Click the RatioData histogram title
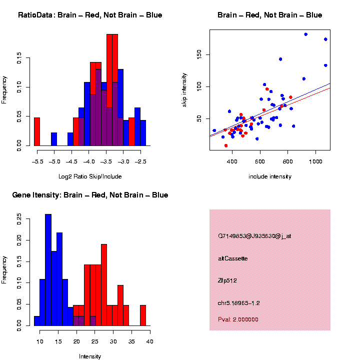coord(90,15)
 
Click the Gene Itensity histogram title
coord(90,195)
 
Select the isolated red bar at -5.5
coord(36,132)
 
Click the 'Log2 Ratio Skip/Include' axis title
coord(90,176)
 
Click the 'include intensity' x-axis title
coord(270,176)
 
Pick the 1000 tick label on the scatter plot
coord(315,162)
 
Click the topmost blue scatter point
coord(305,34)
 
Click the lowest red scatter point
coord(226,145)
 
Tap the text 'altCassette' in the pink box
coord(232,258)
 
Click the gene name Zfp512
coord(227,280)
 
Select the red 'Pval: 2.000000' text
coord(238,319)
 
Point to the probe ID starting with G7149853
coord(254,236)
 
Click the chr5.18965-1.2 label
coord(238,303)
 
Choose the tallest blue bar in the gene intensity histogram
coord(48,270)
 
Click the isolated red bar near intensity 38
coord(143,315)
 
